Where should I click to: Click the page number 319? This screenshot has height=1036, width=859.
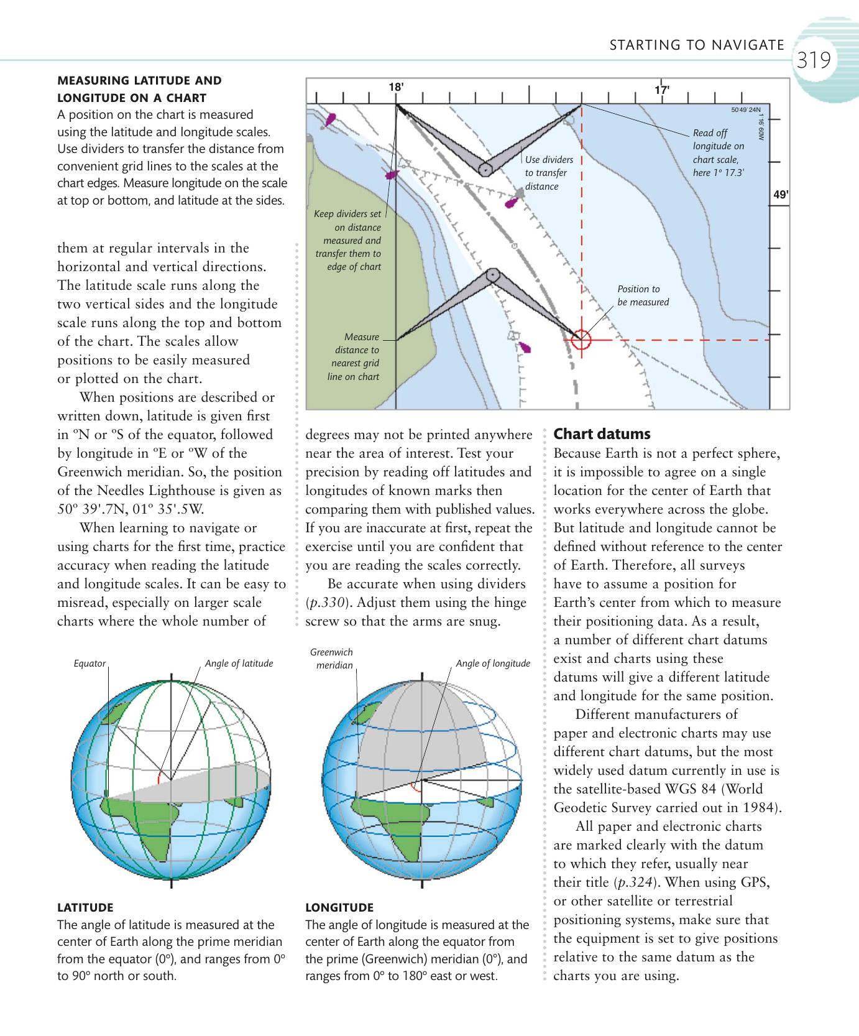pyautogui.click(x=814, y=61)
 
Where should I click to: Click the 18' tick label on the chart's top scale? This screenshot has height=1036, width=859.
pyautogui.click(x=396, y=87)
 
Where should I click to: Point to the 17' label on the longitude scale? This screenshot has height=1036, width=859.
pyautogui.click(x=662, y=90)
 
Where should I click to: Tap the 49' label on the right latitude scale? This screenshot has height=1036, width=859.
pyautogui.click(x=781, y=195)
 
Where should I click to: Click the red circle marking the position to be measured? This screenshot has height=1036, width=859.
pyautogui.click(x=581, y=340)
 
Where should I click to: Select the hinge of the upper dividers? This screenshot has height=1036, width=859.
pyautogui.click(x=484, y=169)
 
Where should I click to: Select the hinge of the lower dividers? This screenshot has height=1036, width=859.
pyautogui.click(x=492, y=274)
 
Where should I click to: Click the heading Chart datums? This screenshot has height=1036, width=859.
pyautogui.click(x=602, y=434)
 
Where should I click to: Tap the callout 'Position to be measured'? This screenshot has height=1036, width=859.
pyautogui.click(x=643, y=295)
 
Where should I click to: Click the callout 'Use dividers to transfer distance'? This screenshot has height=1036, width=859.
pyautogui.click(x=548, y=173)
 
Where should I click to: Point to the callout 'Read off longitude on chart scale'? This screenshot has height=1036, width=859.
pyautogui.click(x=718, y=152)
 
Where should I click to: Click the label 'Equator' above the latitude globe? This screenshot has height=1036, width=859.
pyautogui.click(x=90, y=664)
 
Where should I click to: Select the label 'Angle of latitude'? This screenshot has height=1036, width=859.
pyautogui.click(x=239, y=664)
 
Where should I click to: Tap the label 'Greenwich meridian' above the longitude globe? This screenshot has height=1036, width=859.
pyautogui.click(x=332, y=659)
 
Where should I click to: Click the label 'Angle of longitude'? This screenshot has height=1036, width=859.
pyautogui.click(x=493, y=664)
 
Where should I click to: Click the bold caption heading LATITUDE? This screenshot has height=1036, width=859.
pyautogui.click(x=85, y=907)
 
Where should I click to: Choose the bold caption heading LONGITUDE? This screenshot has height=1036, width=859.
pyautogui.click(x=339, y=907)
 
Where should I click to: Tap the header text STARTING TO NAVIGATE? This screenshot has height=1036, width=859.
pyautogui.click(x=696, y=45)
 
